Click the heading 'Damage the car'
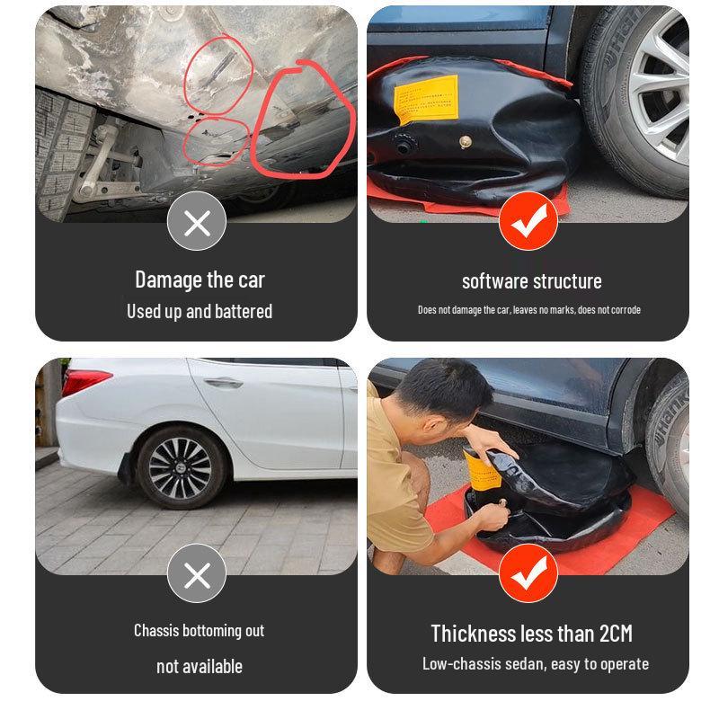[200, 280]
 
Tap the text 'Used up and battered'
[200, 312]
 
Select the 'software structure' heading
[531, 281]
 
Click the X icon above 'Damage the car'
[196, 222]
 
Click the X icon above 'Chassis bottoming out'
[196, 574]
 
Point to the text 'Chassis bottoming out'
[199, 630]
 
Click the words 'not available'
[199, 666]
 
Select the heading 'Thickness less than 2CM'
[531, 634]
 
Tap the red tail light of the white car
[84, 381]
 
